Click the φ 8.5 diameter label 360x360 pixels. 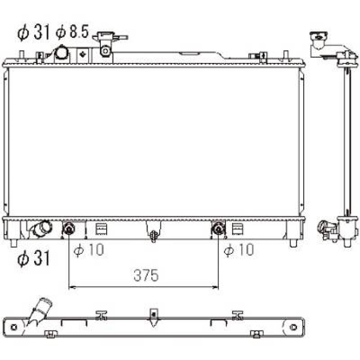[x=72, y=33]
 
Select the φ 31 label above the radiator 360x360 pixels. [x=33, y=33]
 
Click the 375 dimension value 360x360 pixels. [x=146, y=276]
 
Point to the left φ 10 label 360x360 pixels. [x=89, y=250]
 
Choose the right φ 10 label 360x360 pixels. [x=239, y=250]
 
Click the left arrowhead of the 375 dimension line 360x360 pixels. [x=71, y=287]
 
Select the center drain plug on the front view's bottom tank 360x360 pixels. [x=154, y=235]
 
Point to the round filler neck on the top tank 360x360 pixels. [x=61, y=54]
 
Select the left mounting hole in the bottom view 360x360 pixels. [x=14, y=327]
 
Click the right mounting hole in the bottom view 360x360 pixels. [x=293, y=327]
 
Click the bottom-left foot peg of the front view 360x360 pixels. [x=14, y=243]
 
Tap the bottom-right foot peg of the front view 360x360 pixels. [x=293, y=243]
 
